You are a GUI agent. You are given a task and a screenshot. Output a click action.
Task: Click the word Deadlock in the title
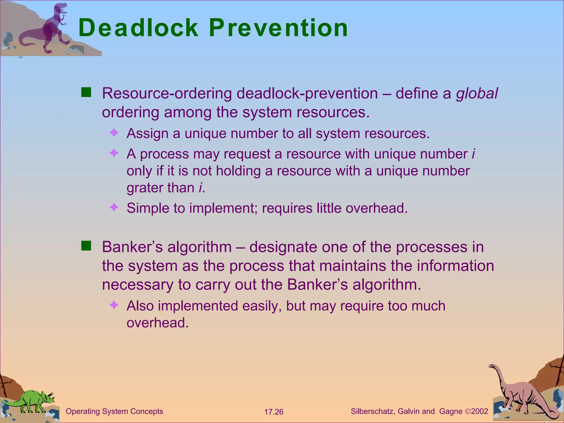[x=138, y=28]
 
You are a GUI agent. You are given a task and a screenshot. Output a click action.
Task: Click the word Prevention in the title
[x=278, y=28]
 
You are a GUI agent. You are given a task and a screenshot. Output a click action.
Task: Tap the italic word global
[x=477, y=94]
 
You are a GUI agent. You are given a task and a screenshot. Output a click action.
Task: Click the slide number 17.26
[x=273, y=412]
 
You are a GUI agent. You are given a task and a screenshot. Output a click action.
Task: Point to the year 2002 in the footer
[x=480, y=411]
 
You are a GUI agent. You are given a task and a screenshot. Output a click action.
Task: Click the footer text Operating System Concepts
[x=114, y=411]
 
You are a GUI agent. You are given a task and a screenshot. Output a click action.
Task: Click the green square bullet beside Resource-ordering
[x=86, y=93]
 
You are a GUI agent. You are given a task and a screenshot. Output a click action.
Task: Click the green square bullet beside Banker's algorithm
[x=86, y=246]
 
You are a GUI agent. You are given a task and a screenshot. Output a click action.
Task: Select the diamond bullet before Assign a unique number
[x=114, y=133]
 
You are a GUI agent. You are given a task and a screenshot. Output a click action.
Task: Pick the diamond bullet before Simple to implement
[x=114, y=207]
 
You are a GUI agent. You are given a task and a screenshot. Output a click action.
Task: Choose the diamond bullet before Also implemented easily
[x=114, y=305]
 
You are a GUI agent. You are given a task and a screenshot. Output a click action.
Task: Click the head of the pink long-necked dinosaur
[x=492, y=366]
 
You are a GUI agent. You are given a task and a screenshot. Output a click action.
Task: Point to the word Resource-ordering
[x=167, y=94]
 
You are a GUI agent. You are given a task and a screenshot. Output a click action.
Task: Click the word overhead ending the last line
[x=158, y=323]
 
